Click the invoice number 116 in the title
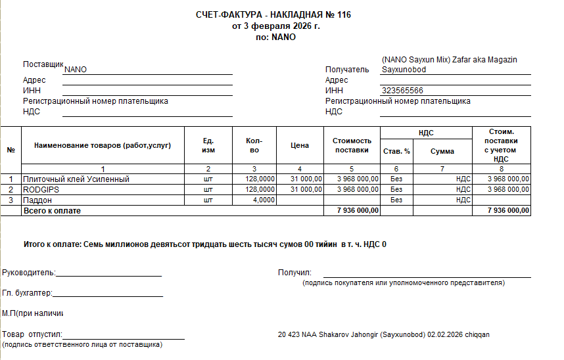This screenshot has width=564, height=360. point(343,14)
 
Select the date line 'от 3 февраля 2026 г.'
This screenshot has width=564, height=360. point(275,26)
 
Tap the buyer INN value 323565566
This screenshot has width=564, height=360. point(402,91)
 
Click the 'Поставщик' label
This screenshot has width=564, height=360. point(43,64)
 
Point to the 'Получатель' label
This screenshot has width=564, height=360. point(348,69)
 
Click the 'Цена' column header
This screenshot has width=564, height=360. point(300,146)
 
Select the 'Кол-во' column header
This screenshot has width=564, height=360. point(254,146)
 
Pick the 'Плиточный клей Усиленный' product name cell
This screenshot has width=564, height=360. point(76,179)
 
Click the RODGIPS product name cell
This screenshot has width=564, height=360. point(42,189)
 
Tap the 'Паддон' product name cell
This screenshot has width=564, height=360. point(37,200)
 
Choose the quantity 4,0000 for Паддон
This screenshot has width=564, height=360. point(264,200)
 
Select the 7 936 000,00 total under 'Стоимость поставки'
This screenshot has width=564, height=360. point(358,210)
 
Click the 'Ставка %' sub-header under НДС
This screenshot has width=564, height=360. point(396,152)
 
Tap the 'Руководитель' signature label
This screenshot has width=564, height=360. point(29,273)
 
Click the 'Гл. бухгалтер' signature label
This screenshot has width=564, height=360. point(27,294)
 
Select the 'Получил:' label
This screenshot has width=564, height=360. point(294,273)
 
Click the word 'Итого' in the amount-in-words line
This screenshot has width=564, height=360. point(34,244)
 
